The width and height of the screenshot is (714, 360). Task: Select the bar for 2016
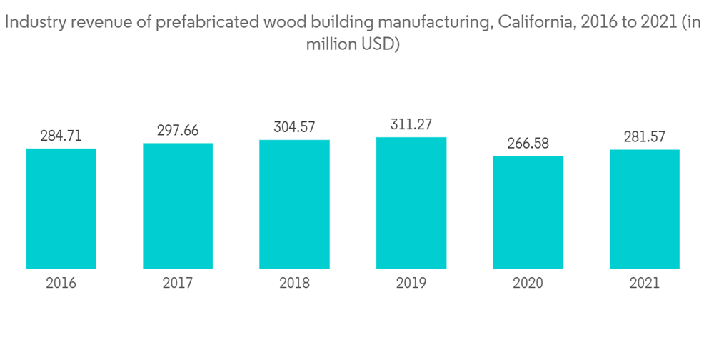pos(61,209)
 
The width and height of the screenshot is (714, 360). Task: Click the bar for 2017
pos(178,206)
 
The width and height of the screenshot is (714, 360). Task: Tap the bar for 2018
pos(294,204)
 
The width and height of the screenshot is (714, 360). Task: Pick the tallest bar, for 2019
pos(411,203)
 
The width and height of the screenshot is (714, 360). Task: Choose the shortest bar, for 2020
pos(528,212)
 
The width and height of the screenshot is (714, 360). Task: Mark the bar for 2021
pos(645,209)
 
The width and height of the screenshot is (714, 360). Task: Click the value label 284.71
pos(61,136)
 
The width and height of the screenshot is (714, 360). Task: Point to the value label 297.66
pos(178,130)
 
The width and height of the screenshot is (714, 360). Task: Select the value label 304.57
pos(294,127)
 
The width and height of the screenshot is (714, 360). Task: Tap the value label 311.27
pos(411,124)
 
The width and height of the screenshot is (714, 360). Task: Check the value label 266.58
pos(528,143)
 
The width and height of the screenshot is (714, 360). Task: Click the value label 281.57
pos(645,136)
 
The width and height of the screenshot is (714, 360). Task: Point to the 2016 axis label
pos(61,284)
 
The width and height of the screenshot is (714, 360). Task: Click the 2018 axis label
pos(294,284)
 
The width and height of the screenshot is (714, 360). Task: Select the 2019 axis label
pos(411,284)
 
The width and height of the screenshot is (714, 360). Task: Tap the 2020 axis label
pos(528,284)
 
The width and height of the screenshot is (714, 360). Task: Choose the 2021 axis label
pos(645,284)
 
